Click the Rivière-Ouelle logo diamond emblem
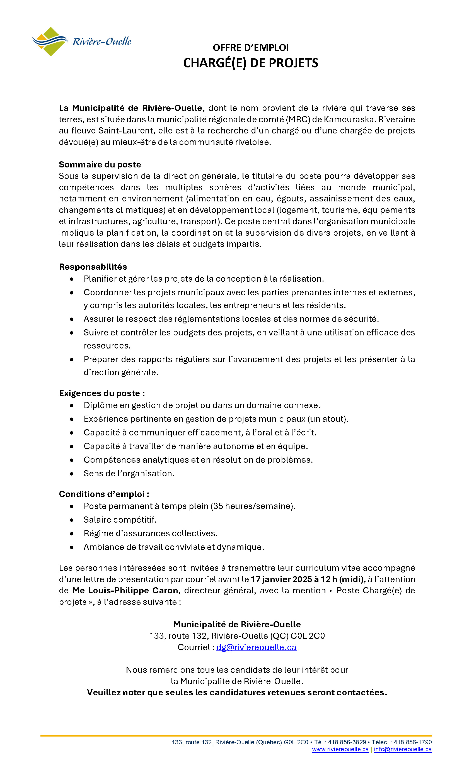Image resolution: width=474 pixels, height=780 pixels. tap(50, 42)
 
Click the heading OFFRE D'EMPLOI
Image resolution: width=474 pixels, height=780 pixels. tap(251, 48)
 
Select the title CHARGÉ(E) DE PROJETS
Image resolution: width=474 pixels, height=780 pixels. tap(251, 63)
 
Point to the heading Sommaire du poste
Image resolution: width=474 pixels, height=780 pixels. tap(100, 165)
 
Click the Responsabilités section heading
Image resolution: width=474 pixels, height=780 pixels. tap(93, 267)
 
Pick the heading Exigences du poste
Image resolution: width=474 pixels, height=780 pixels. tap(102, 393)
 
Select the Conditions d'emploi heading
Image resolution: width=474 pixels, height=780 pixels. tap(104, 494)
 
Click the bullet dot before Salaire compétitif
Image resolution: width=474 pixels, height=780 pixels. tap(72, 520)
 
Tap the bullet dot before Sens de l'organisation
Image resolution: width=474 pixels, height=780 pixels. tap(72, 474)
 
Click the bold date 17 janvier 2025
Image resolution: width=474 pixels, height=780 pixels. tap(281, 579)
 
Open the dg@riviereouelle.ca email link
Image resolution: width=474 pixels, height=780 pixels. tap(256, 647)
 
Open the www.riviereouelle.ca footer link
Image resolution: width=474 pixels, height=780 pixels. tap(340, 749)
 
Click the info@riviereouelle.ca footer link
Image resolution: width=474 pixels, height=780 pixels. tap(403, 749)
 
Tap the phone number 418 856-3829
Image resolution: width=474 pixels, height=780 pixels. tap(347, 742)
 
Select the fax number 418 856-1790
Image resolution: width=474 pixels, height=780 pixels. tap(413, 742)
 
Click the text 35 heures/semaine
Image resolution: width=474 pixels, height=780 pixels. tap(252, 506)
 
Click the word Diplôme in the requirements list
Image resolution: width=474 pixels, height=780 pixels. tap(96, 406)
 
